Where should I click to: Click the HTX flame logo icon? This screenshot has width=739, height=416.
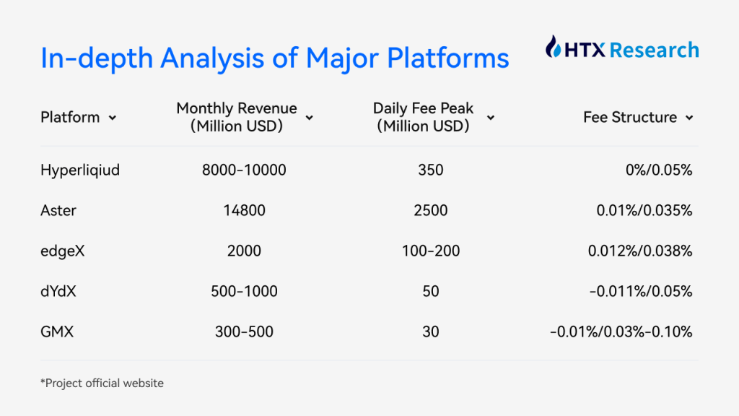(553, 47)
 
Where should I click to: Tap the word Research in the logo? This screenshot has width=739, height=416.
(654, 50)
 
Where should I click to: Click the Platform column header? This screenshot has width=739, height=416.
(70, 117)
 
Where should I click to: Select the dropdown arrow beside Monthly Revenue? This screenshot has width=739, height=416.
(309, 118)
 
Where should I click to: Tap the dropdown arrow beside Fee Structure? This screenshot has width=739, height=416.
(689, 118)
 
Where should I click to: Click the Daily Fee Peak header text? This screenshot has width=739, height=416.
(423, 117)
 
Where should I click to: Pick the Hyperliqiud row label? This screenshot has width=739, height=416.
(80, 170)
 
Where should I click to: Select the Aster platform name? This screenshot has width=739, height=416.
(58, 210)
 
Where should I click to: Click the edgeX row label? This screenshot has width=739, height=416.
(63, 251)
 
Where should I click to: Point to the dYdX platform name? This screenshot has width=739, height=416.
(58, 291)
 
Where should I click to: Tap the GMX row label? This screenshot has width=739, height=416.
(57, 331)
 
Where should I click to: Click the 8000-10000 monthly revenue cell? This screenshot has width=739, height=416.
(244, 170)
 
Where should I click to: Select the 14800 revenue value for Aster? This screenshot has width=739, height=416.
(244, 210)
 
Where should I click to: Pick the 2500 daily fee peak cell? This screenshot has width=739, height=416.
(431, 210)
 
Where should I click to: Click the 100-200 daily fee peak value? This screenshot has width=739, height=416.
(431, 251)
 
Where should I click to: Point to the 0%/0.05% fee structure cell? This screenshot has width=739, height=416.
(659, 170)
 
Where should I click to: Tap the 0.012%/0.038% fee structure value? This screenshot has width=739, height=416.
(640, 251)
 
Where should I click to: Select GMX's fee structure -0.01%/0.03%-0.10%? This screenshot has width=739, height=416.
(621, 331)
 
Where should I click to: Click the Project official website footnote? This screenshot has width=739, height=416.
(102, 383)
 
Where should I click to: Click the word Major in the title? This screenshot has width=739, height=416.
(342, 58)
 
